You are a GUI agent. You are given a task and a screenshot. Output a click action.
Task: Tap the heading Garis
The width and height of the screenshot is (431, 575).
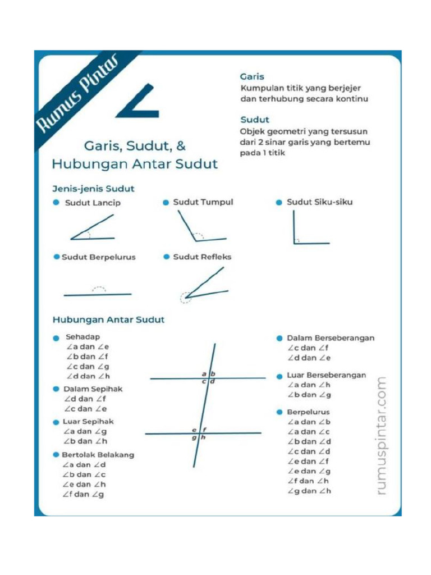[x=252, y=76]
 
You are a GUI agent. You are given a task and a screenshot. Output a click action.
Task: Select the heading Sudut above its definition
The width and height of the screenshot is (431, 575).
[x=255, y=120]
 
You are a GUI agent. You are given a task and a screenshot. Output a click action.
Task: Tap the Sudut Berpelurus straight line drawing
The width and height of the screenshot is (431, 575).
[x=98, y=293]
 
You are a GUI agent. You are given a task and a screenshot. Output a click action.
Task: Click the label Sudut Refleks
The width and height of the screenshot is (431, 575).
[x=202, y=257]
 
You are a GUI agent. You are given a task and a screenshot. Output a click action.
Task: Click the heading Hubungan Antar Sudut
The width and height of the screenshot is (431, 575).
[x=108, y=320]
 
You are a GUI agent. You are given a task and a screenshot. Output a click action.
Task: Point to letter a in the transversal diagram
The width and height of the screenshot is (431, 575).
[x=204, y=373]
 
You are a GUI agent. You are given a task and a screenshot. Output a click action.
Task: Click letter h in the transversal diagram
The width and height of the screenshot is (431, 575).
[x=204, y=438]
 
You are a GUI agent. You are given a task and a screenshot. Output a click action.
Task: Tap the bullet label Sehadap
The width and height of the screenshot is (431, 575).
[x=82, y=337]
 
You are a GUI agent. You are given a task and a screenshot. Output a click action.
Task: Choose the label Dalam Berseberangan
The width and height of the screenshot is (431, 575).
[x=331, y=338]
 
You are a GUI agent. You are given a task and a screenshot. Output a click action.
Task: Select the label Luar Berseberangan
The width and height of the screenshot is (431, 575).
[x=326, y=375]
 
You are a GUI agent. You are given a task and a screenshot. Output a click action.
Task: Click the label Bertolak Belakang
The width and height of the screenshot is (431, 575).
[x=98, y=455]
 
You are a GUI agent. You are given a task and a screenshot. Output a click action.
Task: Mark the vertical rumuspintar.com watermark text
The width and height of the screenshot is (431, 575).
[x=382, y=436]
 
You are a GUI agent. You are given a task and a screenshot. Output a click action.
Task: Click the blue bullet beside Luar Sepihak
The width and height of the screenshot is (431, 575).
[x=56, y=422]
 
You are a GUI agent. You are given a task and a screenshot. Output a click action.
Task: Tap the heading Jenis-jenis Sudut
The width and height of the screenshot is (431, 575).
[x=93, y=188]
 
